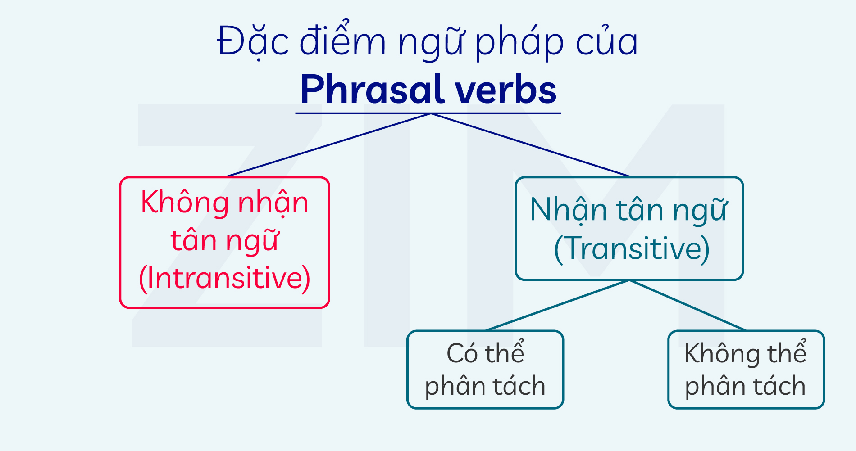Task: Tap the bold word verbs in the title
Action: point(506,89)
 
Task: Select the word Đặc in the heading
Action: point(253,41)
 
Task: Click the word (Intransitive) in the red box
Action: point(225,279)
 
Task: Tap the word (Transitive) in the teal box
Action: point(632,248)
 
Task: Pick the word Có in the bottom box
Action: point(462,353)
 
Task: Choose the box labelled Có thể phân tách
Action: point(485,370)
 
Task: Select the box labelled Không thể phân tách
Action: point(746,370)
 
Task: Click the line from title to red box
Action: point(328,145)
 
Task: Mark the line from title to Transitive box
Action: point(531,145)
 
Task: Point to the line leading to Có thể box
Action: point(557,305)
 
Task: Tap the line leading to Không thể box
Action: point(688,305)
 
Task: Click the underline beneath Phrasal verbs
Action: point(428,113)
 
